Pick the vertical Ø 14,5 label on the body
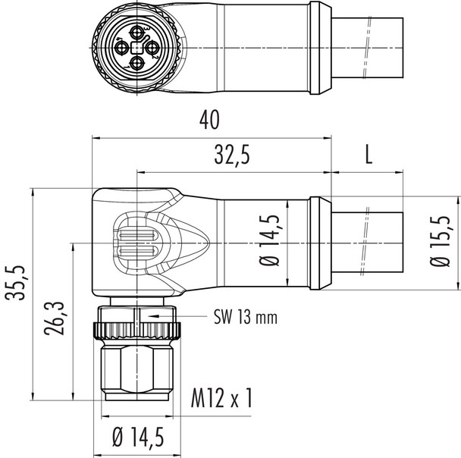coord(274,243)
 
